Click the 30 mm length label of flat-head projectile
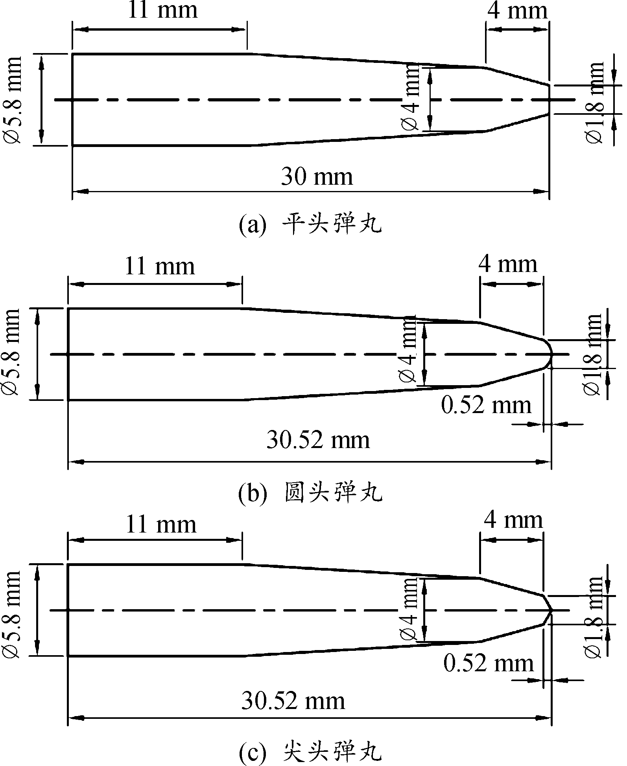click(317, 177)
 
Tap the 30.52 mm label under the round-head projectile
click(318, 440)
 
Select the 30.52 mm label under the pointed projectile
click(293, 701)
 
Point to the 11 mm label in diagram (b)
click(160, 266)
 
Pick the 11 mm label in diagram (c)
click(161, 524)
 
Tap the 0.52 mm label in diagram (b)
click(486, 405)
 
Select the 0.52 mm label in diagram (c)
click(489, 664)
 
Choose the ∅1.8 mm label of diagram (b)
click(592, 355)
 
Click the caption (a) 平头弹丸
click(311, 226)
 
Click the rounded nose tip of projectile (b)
click(551, 354)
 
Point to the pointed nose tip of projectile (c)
click(551, 610)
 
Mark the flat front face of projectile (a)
click(549, 100)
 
